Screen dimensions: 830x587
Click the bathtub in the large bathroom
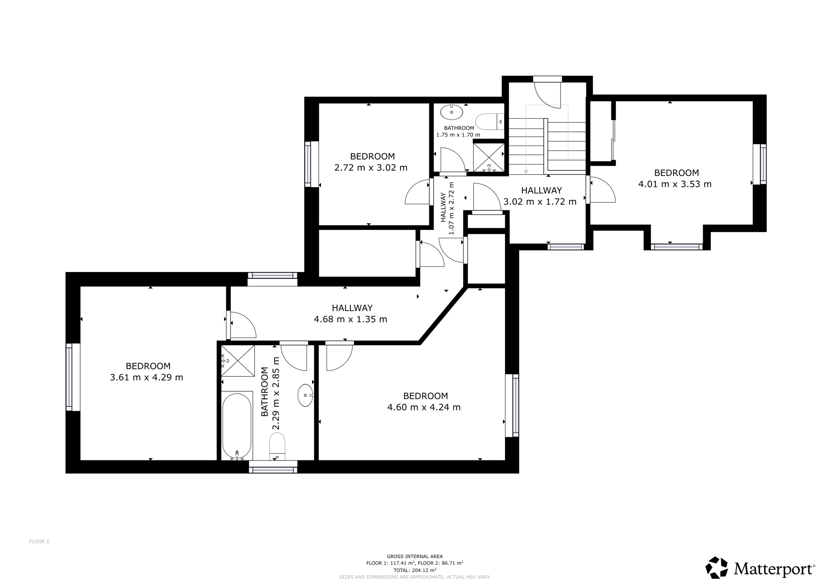click(x=237, y=425)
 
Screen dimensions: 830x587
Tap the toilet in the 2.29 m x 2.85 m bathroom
click(x=277, y=446)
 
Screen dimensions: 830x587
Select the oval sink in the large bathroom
click(x=306, y=395)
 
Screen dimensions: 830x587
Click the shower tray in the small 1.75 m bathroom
click(x=489, y=157)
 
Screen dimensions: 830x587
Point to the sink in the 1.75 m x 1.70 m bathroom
click(x=452, y=112)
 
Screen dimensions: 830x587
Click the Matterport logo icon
click(x=717, y=568)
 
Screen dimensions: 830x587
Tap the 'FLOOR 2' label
click(x=39, y=541)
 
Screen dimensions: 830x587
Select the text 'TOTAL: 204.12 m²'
click(x=415, y=570)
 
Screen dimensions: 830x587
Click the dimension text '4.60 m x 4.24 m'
click(x=424, y=407)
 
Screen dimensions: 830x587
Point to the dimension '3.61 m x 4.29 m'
click(x=147, y=378)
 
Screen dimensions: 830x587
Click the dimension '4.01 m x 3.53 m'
click(x=675, y=184)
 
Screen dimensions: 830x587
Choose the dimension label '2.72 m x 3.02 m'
click(x=371, y=168)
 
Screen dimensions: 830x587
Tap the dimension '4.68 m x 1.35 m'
click(x=351, y=319)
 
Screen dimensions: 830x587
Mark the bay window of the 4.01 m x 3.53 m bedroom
click(x=676, y=246)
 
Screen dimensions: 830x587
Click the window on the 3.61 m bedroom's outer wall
click(x=70, y=377)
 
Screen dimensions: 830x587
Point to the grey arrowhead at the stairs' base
click(x=526, y=172)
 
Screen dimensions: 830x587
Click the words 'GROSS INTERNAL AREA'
click(x=415, y=557)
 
